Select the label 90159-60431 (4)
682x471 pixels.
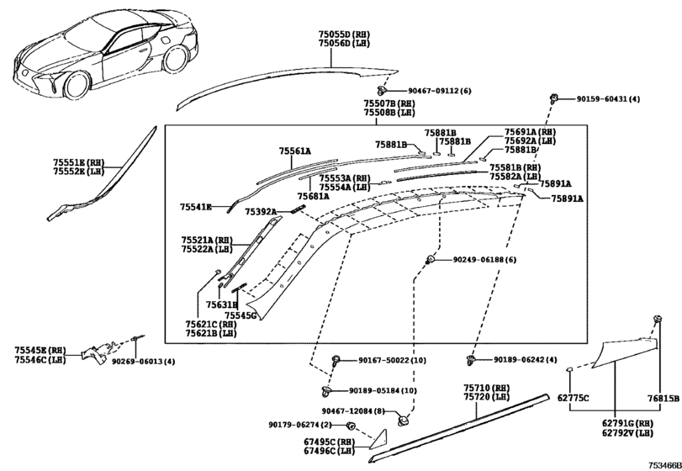[x=608, y=99]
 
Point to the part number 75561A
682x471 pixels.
[x=295, y=151]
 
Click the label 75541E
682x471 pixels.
[x=196, y=206]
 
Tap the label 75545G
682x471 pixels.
[x=241, y=315]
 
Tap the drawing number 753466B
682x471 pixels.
[x=663, y=464]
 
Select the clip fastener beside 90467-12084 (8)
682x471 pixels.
[x=405, y=416]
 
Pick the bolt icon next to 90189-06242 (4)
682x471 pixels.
[x=472, y=360]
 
